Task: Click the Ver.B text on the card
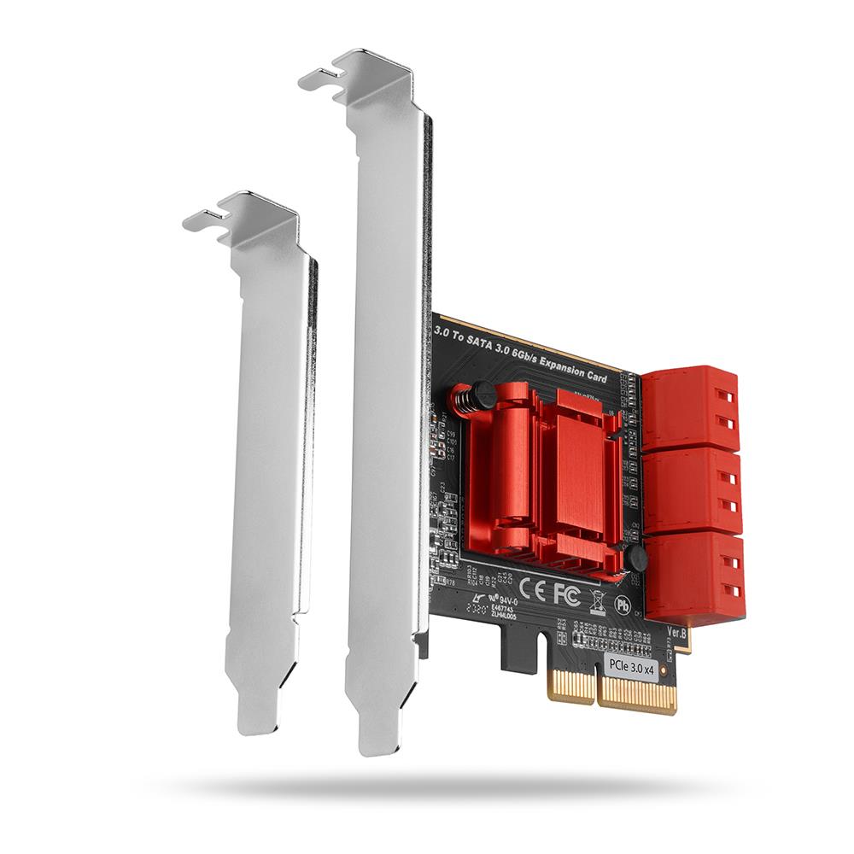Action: [676, 634]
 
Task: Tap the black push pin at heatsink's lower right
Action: [635, 559]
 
